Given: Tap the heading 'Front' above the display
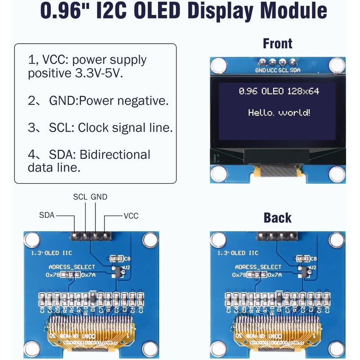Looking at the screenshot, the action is click(278, 44).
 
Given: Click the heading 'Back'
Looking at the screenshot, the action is click(278, 218).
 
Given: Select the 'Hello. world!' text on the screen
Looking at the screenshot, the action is click(279, 112).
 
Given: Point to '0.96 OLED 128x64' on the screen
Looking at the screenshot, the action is click(279, 91).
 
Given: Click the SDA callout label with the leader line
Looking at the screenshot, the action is click(46, 216).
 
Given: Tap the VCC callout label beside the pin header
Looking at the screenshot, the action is click(130, 216).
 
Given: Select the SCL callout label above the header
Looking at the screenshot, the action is click(81, 197).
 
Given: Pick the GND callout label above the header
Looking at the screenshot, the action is click(99, 197).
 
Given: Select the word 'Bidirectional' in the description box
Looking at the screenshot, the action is click(115, 155).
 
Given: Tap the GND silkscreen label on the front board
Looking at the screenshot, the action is click(261, 71).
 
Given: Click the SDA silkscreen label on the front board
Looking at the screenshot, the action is click(295, 71).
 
